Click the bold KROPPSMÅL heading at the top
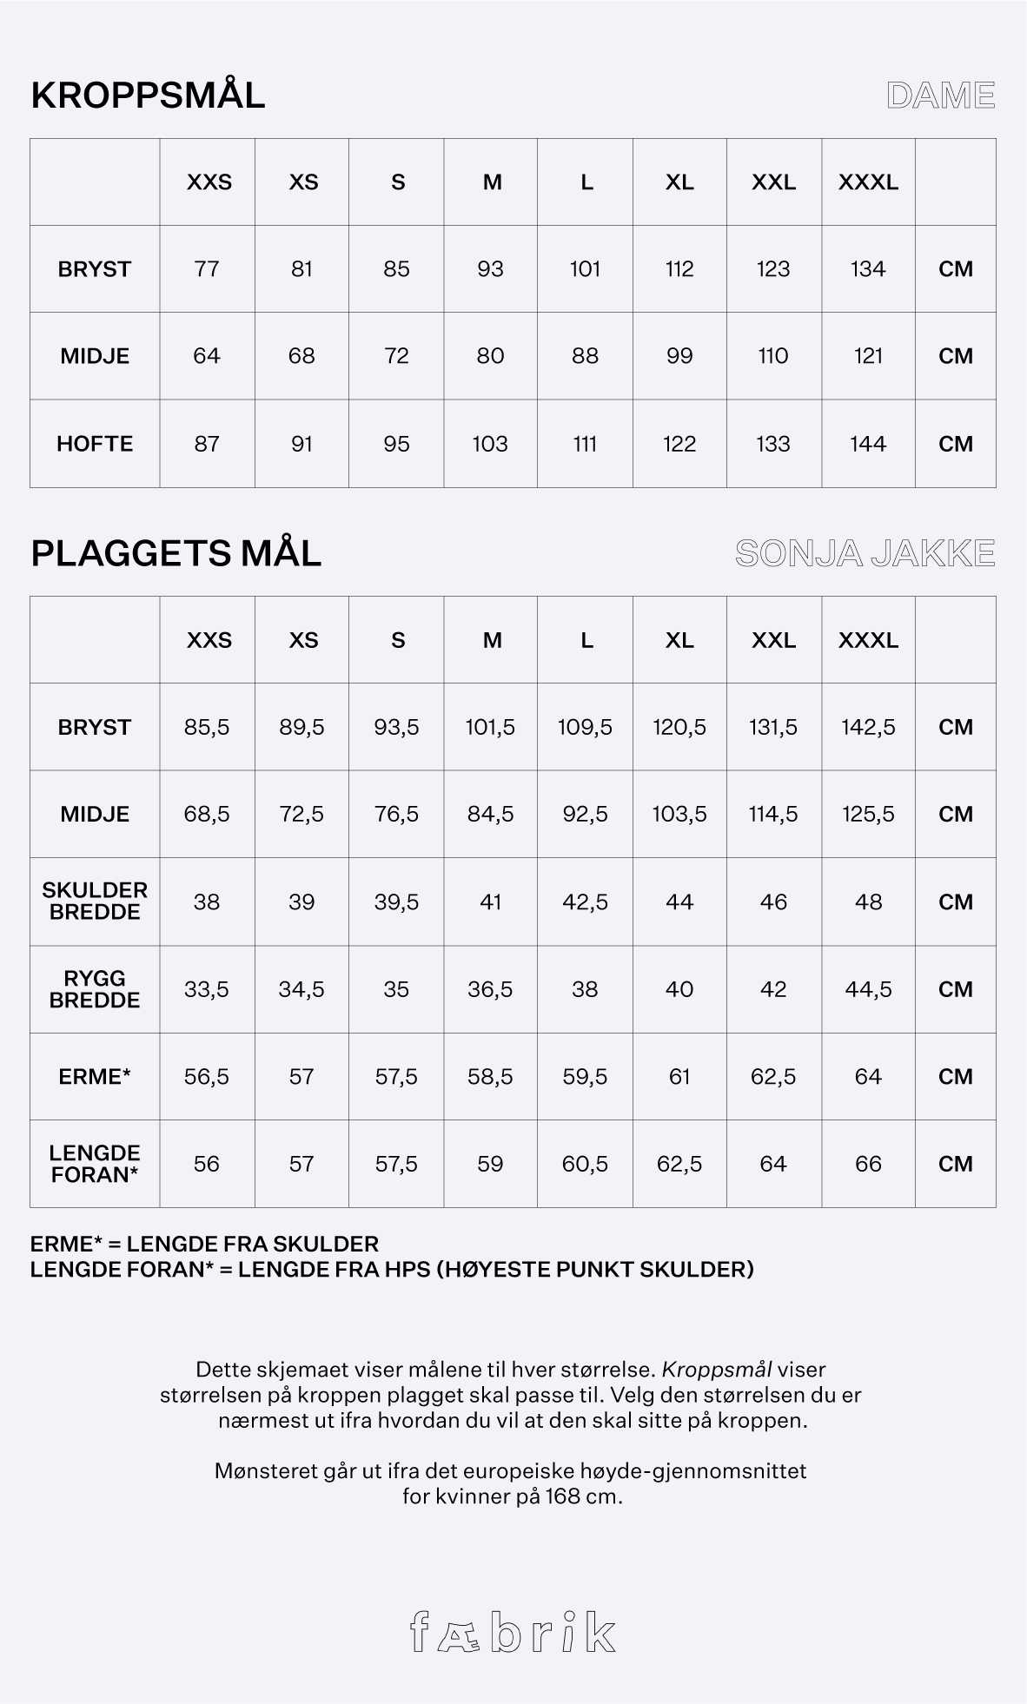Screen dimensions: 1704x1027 click(x=148, y=96)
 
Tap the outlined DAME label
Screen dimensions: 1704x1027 click(x=940, y=96)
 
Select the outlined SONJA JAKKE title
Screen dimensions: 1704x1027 click(x=865, y=553)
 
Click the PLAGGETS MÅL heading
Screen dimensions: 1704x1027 click(x=176, y=553)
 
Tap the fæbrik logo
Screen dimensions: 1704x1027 click(x=513, y=1632)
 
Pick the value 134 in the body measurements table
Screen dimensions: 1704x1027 click(x=868, y=269)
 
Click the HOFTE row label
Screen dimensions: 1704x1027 click(x=95, y=444)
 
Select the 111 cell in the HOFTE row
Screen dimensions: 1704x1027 click(x=585, y=444)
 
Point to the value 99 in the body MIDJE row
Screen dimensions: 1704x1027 click(x=679, y=356)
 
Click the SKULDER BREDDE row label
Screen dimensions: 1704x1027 click(x=95, y=902)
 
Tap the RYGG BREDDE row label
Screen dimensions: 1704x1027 click(x=95, y=989)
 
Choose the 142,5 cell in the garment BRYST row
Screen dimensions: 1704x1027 click(x=868, y=727)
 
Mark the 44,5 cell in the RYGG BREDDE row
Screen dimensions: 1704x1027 click(x=868, y=989)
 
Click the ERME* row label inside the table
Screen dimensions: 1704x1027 click(x=95, y=1077)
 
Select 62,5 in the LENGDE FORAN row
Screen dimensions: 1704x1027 click(x=679, y=1164)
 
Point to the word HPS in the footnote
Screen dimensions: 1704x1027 click(x=407, y=1270)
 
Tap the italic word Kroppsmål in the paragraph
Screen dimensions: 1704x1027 click(x=717, y=1370)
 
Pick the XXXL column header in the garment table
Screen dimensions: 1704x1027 click(x=868, y=640)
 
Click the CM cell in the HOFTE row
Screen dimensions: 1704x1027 click(x=956, y=444)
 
